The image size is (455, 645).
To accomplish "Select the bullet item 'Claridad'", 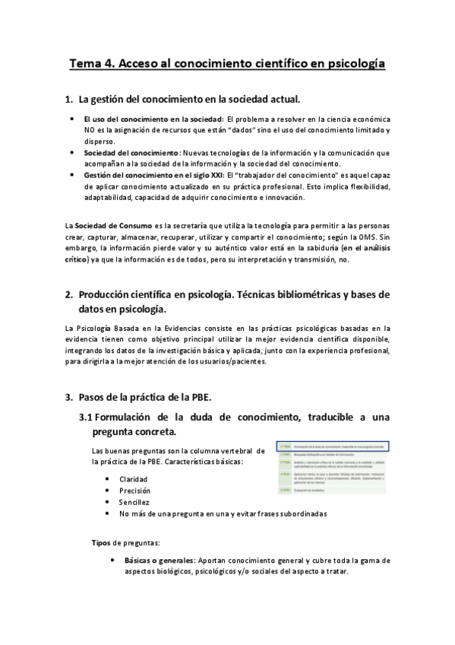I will pyautogui.click(x=134, y=479).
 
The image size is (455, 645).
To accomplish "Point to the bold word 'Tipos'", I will pyautogui.click(x=100, y=543).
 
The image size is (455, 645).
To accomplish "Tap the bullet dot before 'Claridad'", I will pyautogui.click(x=106, y=479).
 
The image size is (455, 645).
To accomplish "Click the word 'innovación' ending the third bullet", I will pyautogui.click(x=282, y=198).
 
